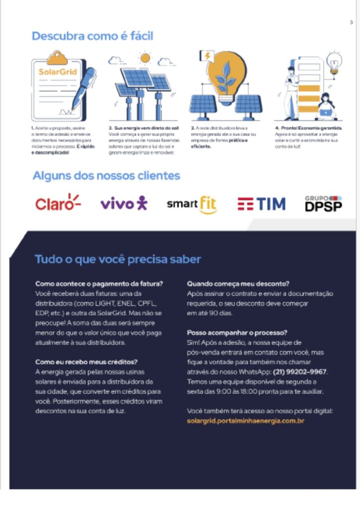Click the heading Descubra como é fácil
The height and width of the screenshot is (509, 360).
pos(92,36)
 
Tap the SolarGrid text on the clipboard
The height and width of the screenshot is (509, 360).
pos(58,72)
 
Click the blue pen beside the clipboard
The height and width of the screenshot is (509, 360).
pos(85,87)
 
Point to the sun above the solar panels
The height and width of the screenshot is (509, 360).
pos(145,58)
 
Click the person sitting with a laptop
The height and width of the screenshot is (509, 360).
pos(327,107)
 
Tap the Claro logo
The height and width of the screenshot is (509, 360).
pos(58,203)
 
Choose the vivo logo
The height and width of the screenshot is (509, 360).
pos(124,203)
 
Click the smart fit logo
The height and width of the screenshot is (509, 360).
pos(192,204)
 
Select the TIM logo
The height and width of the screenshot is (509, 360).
pos(262,204)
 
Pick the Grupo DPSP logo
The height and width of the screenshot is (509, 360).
pos(323,203)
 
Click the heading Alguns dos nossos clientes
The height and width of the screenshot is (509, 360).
pos(106,175)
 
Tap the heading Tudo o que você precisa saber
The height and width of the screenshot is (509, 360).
pos(118,259)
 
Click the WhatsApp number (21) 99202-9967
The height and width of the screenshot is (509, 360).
pos(300,371)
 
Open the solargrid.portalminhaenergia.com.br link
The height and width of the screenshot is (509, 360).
pos(245,421)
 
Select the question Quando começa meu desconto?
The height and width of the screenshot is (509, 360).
pos(238,284)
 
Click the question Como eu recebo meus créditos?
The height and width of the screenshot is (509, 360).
pos(87,362)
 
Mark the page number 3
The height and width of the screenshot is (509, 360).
pos(351,22)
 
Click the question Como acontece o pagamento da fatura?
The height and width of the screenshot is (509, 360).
pos(99,284)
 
